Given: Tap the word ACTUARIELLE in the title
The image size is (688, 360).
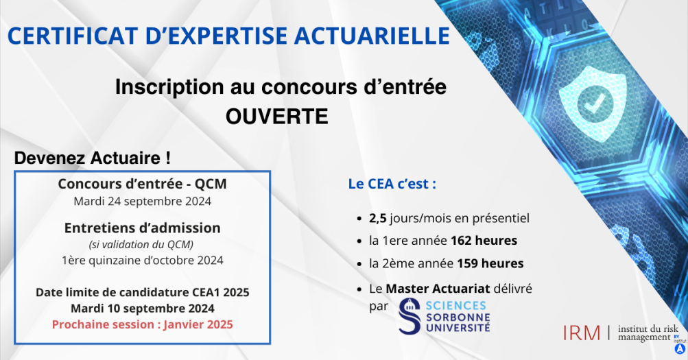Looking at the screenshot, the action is pyautogui.click(x=372, y=36).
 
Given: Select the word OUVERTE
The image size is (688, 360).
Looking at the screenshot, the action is pyautogui.click(x=277, y=117).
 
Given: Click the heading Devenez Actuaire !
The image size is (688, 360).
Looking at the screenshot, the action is pyautogui.click(x=92, y=158).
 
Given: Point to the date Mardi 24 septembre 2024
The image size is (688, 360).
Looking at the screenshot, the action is pyautogui.click(x=142, y=202).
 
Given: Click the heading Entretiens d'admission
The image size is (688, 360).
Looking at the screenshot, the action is pyautogui.click(x=142, y=228).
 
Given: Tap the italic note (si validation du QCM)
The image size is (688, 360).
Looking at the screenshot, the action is pyautogui.click(x=141, y=244).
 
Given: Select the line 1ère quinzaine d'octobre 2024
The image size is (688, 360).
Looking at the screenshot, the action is pyautogui.click(x=142, y=261).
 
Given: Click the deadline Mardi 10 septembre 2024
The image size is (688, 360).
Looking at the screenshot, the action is pyautogui.click(x=143, y=309).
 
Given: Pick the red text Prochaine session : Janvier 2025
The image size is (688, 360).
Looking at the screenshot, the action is pyautogui.click(x=142, y=324).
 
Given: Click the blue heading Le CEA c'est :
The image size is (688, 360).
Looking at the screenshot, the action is pyautogui.click(x=392, y=184).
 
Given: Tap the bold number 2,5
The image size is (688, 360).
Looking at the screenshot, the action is pyautogui.click(x=377, y=218).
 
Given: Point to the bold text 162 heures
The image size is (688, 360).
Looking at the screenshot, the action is pyautogui.click(x=484, y=241).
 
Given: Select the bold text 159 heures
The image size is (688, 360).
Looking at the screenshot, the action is pyautogui.click(x=490, y=263).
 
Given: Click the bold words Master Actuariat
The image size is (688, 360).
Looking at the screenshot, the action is pyautogui.click(x=438, y=289).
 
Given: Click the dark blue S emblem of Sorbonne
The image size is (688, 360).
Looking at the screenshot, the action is pyautogui.click(x=410, y=316).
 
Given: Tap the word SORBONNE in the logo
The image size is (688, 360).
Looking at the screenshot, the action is pyautogui.click(x=458, y=317).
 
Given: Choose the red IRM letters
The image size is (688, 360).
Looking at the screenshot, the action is pyautogui.click(x=582, y=333).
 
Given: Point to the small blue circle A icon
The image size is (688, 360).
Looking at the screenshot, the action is pyautogui.click(x=680, y=348).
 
